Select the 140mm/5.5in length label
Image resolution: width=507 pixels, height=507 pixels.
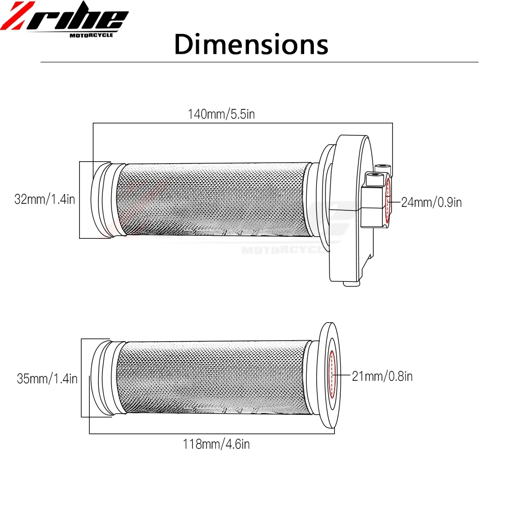pyautogui.click(x=222, y=114)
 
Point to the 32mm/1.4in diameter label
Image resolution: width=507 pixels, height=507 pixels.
pyautogui.click(x=45, y=199)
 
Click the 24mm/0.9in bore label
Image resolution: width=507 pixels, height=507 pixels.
pyautogui.click(x=431, y=202)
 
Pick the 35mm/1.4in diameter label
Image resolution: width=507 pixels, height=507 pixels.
pyautogui.click(x=47, y=378)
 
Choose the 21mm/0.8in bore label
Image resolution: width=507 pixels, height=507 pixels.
pyautogui.click(x=382, y=376)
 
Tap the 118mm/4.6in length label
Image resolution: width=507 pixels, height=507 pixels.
pyautogui.click(x=216, y=444)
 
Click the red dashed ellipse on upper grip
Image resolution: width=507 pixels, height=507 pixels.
pyautogui.click(x=388, y=201)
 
